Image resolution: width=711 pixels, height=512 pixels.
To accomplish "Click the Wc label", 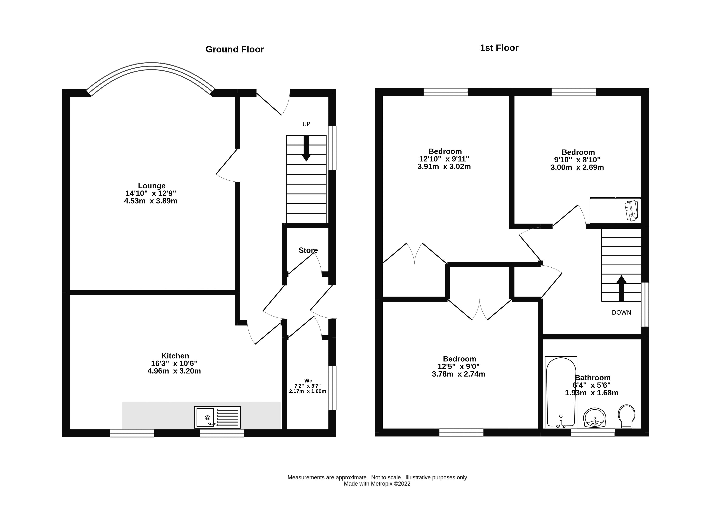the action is pos(308,381).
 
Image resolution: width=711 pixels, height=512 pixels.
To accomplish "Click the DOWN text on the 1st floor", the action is pos(621,313).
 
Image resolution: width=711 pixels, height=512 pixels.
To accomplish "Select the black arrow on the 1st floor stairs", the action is pos(621,288).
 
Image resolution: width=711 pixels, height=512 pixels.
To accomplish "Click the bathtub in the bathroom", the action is pos(561,392).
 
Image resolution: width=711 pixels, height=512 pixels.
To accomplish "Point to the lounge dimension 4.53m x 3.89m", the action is pos(151,201).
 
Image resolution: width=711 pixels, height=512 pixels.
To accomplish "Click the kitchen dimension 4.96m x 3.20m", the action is pos(174,371).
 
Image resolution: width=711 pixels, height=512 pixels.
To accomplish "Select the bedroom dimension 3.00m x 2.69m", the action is pos(577,167).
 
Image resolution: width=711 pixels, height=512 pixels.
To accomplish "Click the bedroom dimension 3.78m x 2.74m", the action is pos(459,374).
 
